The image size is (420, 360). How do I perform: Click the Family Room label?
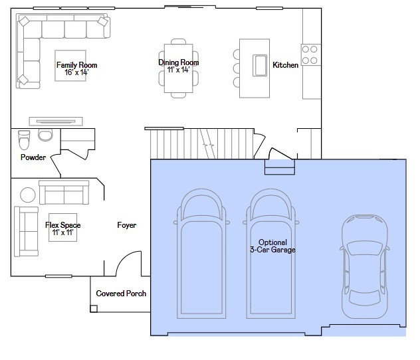click(76, 65)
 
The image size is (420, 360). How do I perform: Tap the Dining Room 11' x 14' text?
click(178, 66)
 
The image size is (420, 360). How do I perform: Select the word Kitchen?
click(285, 65)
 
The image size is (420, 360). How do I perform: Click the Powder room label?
click(33, 157)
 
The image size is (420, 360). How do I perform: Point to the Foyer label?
click(127, 225)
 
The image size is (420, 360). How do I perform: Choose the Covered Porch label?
click(121, 294)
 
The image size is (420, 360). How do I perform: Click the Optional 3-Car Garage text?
click(272, 246)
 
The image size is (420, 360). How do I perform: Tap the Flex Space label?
click(63, 225)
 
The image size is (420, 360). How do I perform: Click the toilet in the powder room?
click(24, 139)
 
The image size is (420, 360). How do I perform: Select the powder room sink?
click(45, 135)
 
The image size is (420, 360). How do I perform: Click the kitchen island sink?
click(260, 65)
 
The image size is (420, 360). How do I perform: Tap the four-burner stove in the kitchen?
click(311, 55)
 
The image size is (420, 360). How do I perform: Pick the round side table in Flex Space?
click(28, 195)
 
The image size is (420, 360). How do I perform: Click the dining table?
click(178, 68)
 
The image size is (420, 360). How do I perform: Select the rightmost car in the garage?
click(365, 266)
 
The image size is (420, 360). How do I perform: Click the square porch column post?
click(94, 309)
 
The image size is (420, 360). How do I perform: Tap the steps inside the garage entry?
click(280, 167)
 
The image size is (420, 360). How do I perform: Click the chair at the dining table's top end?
click(178, 41)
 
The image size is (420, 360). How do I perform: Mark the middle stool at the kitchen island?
click(237, 68)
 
